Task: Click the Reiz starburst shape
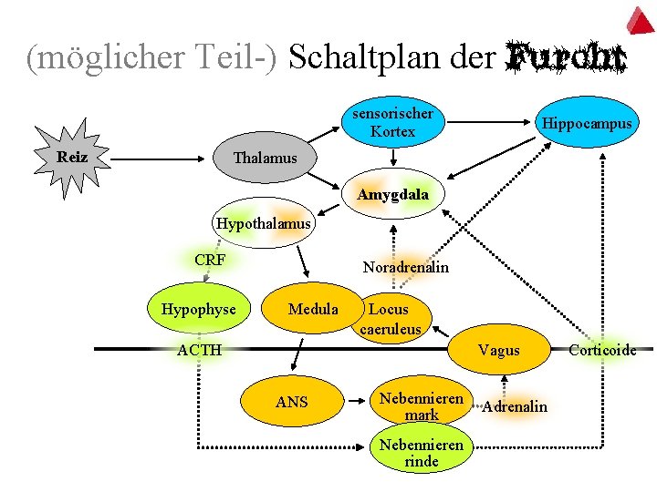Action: tap(72, 157)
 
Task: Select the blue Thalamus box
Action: tap(265, 159)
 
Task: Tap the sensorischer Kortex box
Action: tap(392, 123)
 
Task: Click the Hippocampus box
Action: tap(586, 123)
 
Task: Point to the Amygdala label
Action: tap(392, 195)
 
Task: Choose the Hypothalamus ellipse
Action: tap(263, 222)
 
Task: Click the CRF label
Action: tap(210, 260)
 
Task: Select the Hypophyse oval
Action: tap(198, 310)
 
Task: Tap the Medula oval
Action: tap(313, 310)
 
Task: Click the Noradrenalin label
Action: tap(405, 268)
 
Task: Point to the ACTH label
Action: tap(199, 350)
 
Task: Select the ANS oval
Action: tap(292, 402)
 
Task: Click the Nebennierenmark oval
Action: tap(422, 406)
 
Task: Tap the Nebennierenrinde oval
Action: tap(422, 453)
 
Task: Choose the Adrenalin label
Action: tap(515, 406)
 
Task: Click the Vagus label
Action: tap(499, 351)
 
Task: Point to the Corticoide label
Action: tap(602, 350)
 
